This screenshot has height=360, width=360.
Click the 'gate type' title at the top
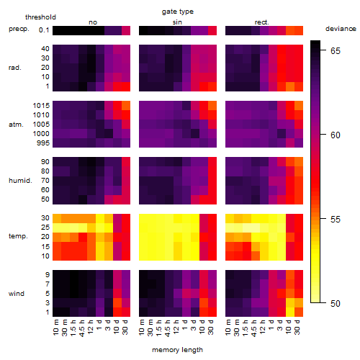(x=178, y=12)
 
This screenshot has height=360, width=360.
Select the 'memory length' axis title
(x=177, y=350)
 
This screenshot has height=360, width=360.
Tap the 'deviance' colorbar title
(x=341, y=29)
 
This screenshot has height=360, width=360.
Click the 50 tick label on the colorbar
(x=336, y=304)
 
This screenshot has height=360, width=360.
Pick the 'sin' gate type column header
(x=177, y=22)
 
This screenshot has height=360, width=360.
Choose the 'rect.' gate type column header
(x=261, y=22)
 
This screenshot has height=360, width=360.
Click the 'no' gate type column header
(x=93, y=22)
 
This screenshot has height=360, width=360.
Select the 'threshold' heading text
(x=40, y=17)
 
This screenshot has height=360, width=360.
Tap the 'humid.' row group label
(x=20, y=181)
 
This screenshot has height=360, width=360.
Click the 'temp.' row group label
(x=18, y=236)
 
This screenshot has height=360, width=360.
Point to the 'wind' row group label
(x=17, y=294)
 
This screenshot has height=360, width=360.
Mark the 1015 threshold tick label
(x=41, y=106)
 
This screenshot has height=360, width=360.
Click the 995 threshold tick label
(x=43, y=143)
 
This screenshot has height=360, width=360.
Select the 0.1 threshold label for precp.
(x=44, y=30)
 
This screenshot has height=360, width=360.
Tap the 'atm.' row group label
(x=16, y=125)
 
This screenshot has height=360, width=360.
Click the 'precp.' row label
(x=19, y=30)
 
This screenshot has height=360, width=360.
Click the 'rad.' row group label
(x=15, y=68)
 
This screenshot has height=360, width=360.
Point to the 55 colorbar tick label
(x=336, y=220)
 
